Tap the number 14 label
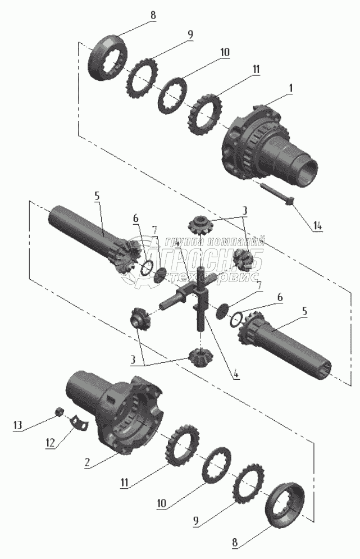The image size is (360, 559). tap(318, 226)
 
